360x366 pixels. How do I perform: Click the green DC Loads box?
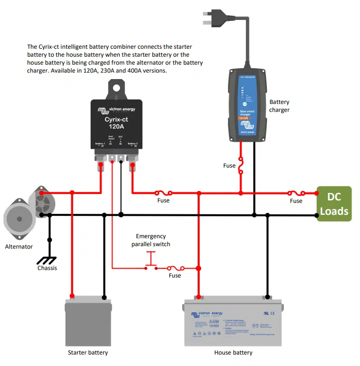click(x=334, y=203)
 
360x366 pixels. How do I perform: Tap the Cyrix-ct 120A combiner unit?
click(x=116, y=124)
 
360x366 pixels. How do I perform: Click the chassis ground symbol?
click(x=48, y=260)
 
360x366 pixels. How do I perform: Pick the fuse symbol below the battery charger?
click(x=241, y=166)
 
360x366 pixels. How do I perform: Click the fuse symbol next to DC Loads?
click(x=296, y=192)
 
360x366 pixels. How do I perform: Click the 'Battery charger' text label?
click(x=279, y=106)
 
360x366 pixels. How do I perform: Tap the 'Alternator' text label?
click(x=19, y=246)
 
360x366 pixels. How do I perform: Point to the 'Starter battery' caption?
click(x=88, y=353)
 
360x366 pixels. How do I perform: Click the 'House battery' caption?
click(x=233, y=353)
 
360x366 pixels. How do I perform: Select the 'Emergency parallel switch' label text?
click(x=151, y=240)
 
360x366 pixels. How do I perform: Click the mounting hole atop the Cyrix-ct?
click(x=116, y=88)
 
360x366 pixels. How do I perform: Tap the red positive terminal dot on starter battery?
click(x=72, y=296)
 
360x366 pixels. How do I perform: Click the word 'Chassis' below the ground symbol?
click(x=47, y=268)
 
